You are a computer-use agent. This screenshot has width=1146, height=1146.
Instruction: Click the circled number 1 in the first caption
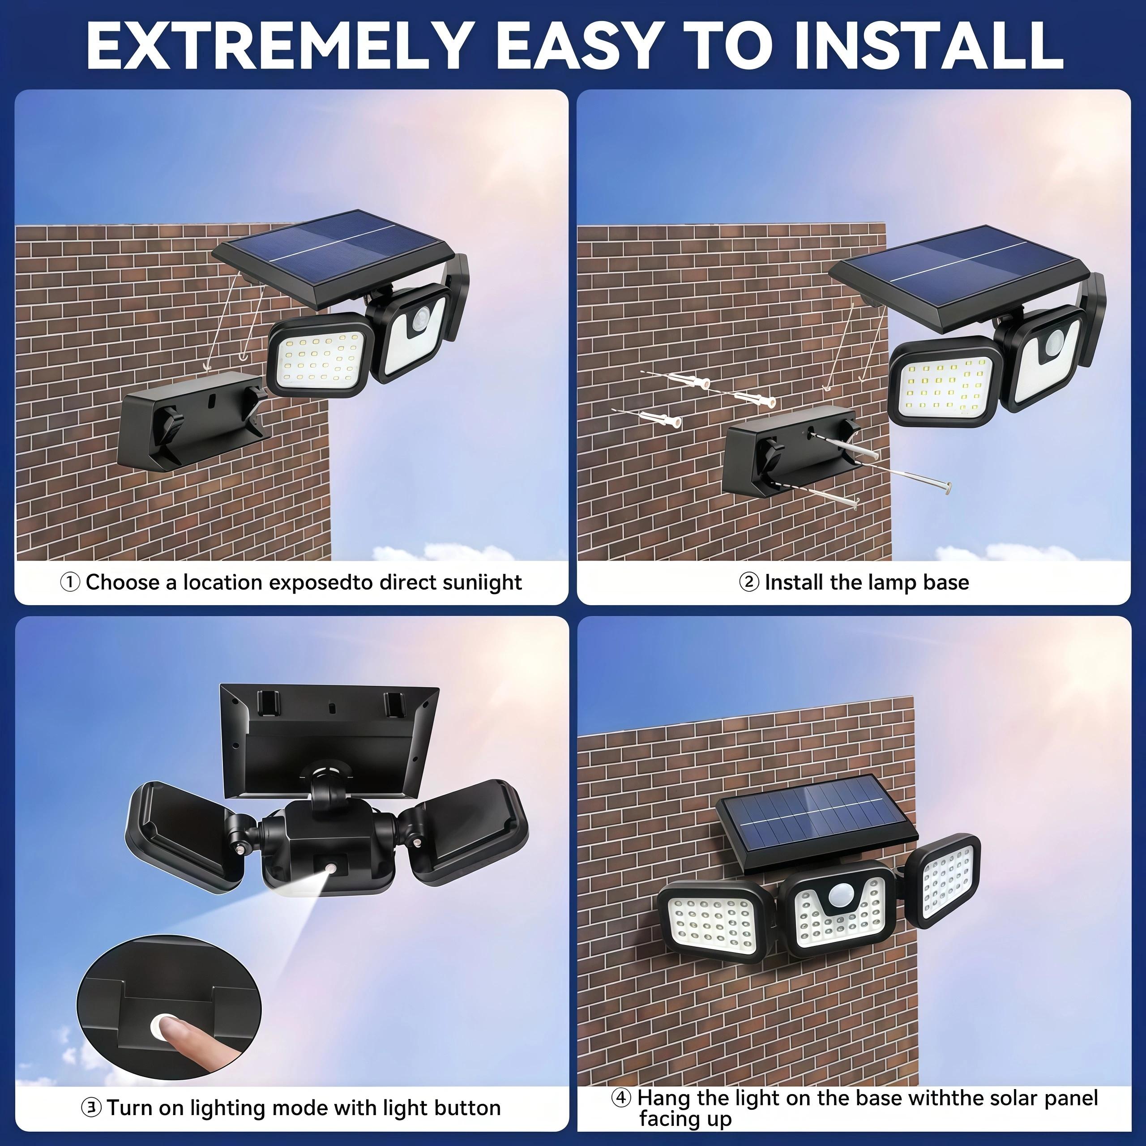[70, 582]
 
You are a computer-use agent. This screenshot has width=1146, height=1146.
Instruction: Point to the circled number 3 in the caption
[91, 1108]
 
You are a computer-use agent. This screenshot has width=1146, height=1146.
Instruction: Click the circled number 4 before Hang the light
[621, 1097]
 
